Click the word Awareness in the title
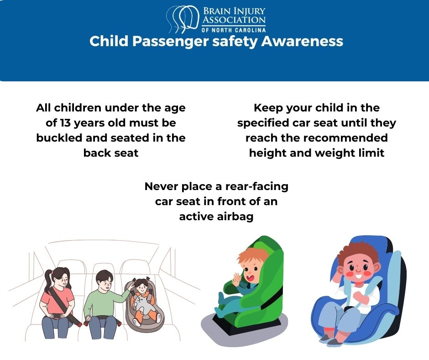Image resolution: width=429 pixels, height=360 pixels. click(302, 41)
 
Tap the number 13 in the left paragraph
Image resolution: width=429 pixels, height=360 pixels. click(65, 123)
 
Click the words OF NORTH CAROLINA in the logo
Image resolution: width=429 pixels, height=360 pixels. click(233, 29)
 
